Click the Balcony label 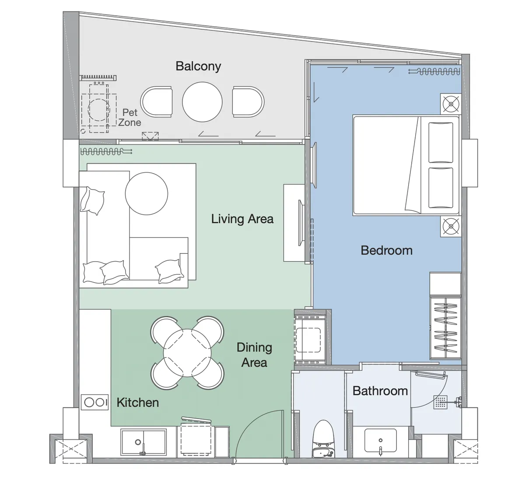click(198, 66)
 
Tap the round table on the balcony click(202, 102)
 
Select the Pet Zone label click(130, 118)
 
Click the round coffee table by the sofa click(146, 193)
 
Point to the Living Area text click(242, 219)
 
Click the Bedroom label click(386, 250)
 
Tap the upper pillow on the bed click(441, 142)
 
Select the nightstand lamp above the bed click(451, 104)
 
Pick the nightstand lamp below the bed click(451, 227)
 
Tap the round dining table click(187, 353)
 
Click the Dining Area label click(254, 355)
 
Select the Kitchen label click(138, 402)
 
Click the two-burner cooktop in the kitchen click(95, 402)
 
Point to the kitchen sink click(143, 442)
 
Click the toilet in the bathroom click(323, 439)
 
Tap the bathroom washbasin click(380, 441)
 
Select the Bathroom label click(380, 391)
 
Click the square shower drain click(441, 402)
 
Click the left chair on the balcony click(157, 102)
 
